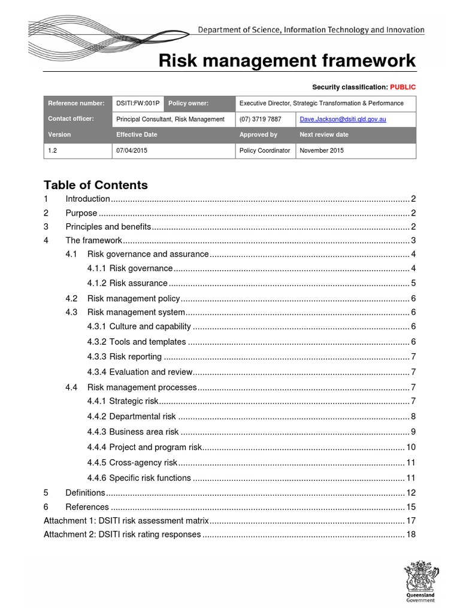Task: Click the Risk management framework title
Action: [x=287, y=61]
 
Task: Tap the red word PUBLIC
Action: [x=402, y=87]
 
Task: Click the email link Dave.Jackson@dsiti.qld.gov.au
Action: [x=343, y=119]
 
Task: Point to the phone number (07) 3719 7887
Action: [x=260, y=119]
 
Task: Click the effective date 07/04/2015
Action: [x=132, y=150]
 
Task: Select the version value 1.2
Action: [x=53, y=150]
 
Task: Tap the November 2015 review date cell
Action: [x=322, y=150]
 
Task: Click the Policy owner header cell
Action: [x=189, y=104]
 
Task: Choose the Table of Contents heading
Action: [x=96, y=185]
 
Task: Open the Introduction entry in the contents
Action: [x=87, y=199]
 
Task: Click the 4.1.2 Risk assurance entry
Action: [x=127, y=283]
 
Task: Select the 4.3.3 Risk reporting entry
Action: [x=124, y=357]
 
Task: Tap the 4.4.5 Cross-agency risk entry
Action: [x=132, y=462]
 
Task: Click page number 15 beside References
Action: [x=411, y=507]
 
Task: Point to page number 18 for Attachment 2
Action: [x=411, y=534]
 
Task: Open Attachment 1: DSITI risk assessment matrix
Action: [x=126, y=520]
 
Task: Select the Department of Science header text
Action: [x=311, y=30]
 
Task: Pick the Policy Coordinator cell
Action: [x=265, y=150]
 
